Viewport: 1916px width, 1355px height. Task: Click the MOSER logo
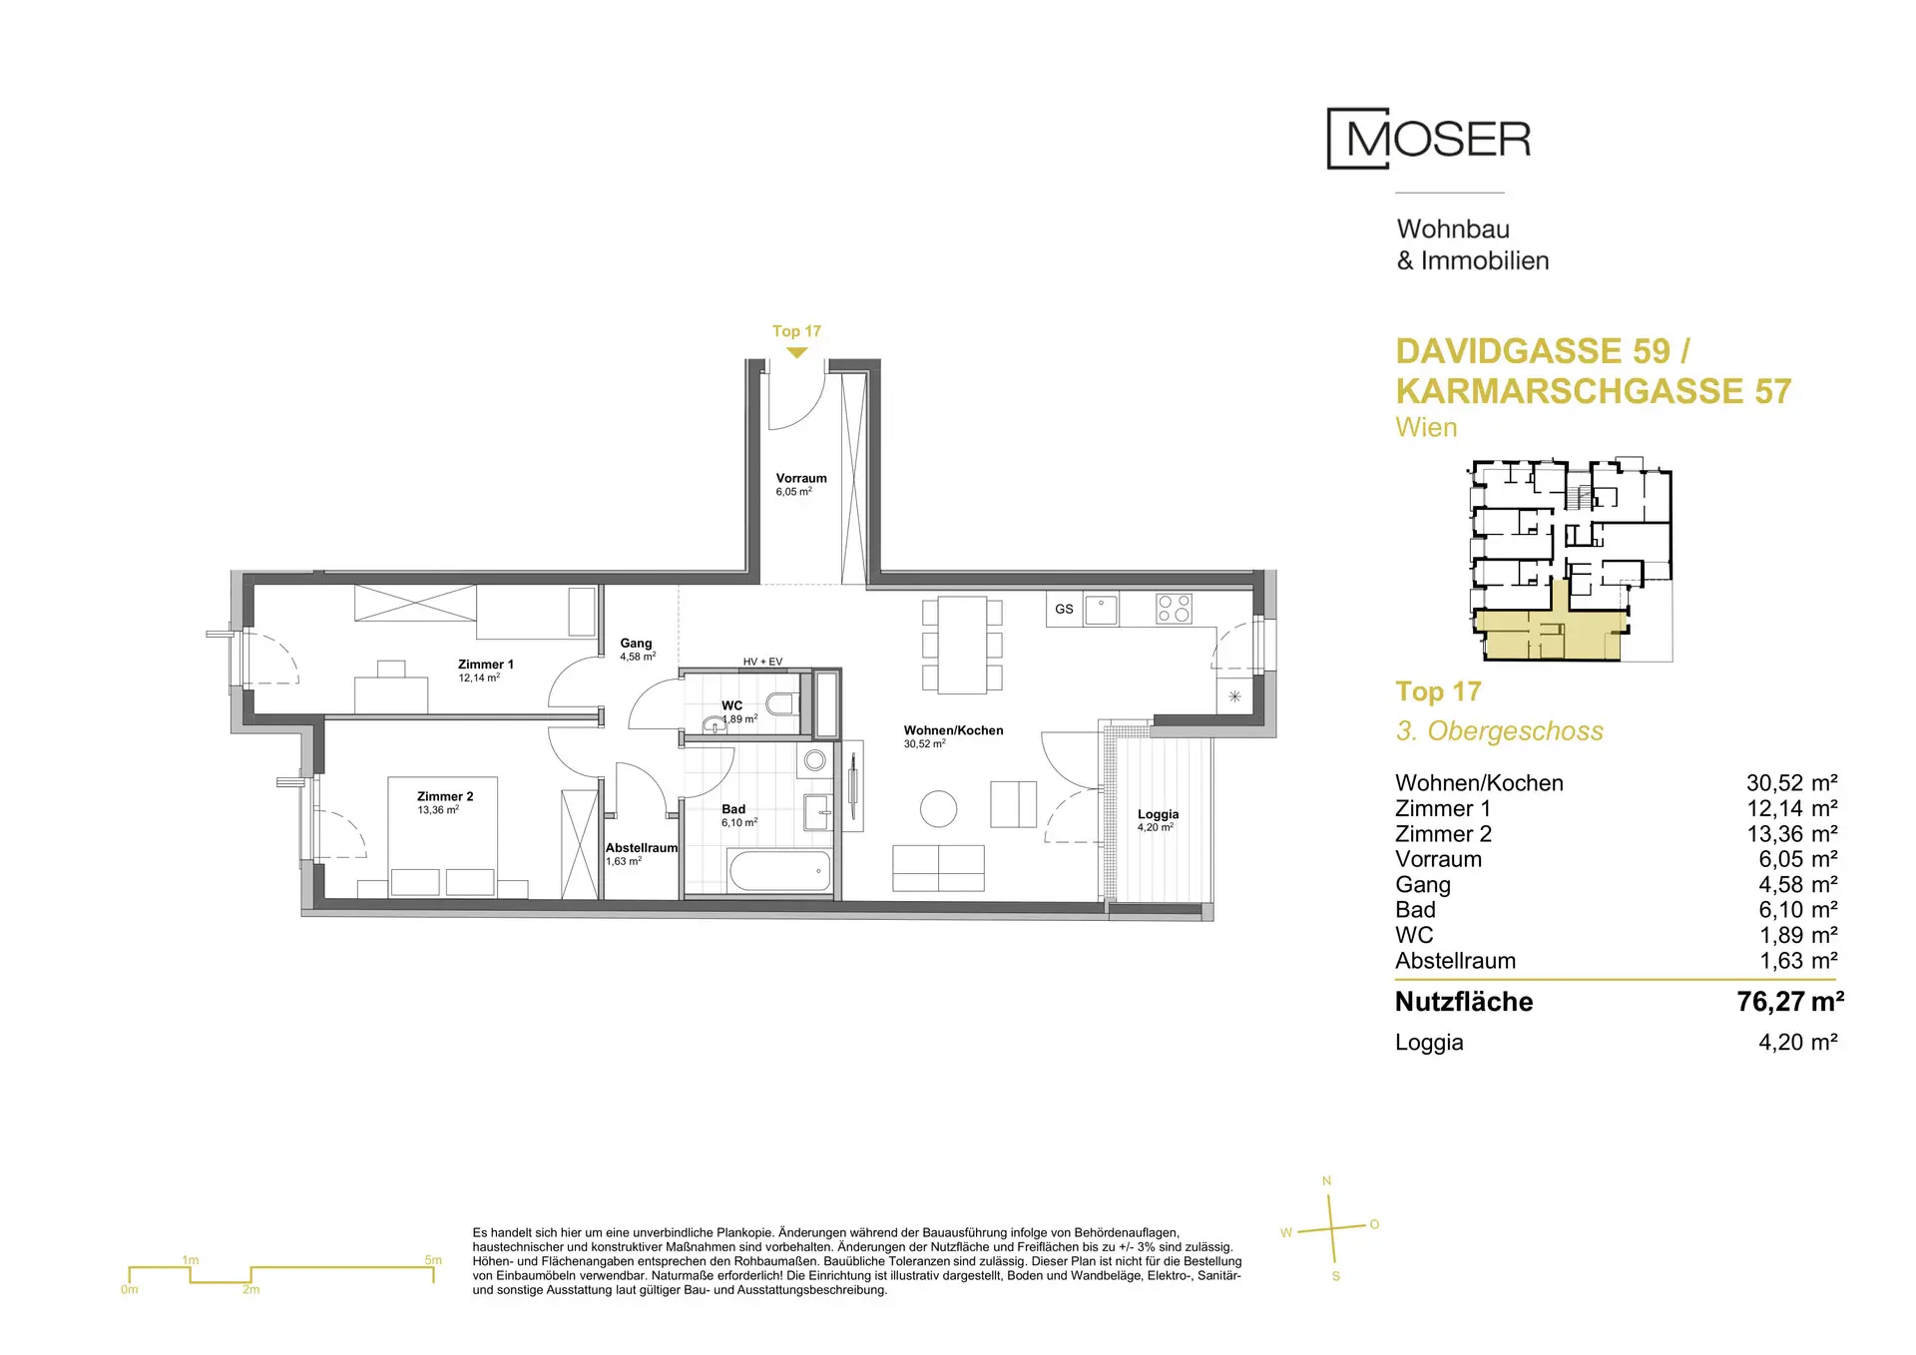pos(1428,139)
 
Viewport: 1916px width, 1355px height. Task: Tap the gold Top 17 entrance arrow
pos(796,352)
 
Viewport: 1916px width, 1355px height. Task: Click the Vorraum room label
pos(801,478)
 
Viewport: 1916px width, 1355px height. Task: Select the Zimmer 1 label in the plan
pos(486,665)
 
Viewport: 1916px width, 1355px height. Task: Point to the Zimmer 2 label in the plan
pos(445,796)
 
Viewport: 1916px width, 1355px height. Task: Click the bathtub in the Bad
pos(779,871)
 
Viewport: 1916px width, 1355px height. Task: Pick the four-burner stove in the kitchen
pos(1174,609)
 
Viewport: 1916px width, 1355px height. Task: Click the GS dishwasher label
pos(1064,609)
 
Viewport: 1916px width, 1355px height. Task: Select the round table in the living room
pos(938,809)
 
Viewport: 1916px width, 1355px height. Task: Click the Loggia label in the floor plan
pos(1158,814)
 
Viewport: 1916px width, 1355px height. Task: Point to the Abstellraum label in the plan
pos(642,848)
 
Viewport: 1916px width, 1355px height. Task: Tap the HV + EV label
pos(762,662)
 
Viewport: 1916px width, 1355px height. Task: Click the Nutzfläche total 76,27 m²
pos(1790,1002)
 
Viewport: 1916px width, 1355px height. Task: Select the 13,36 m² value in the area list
pos(1791,834)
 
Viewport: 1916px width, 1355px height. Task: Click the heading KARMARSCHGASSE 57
pos(1594,391)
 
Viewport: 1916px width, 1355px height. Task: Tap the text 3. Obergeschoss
pos(1499,731)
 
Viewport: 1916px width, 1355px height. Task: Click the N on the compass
pos(1326,1181)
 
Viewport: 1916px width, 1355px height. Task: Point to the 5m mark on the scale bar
pos(433,1260)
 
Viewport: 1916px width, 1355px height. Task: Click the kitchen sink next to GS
pos(1101,609)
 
